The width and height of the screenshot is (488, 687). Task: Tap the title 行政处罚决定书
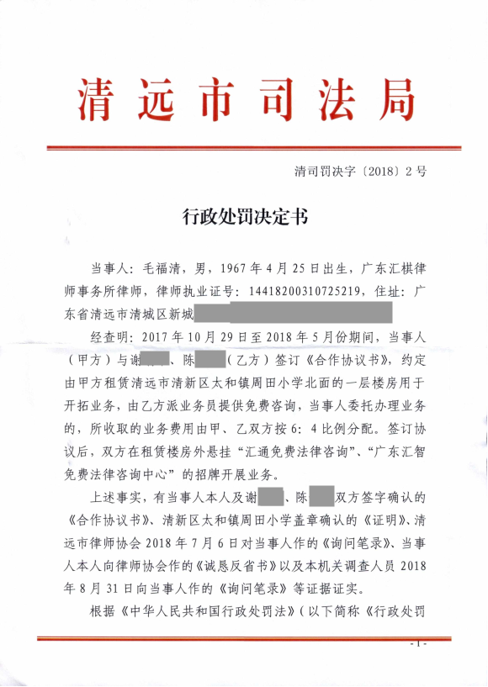[245, 218]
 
